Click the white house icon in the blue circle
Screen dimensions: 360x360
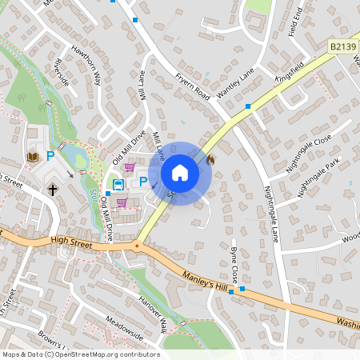(x=180, y=173)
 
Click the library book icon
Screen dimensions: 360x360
(x=33, y=156)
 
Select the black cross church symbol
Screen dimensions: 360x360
(x=53, y=190)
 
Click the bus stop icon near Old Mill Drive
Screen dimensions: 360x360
(x=118, y=184)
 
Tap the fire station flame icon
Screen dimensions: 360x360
(x=211, y=159)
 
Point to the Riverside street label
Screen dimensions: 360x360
(x=58, y=71)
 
